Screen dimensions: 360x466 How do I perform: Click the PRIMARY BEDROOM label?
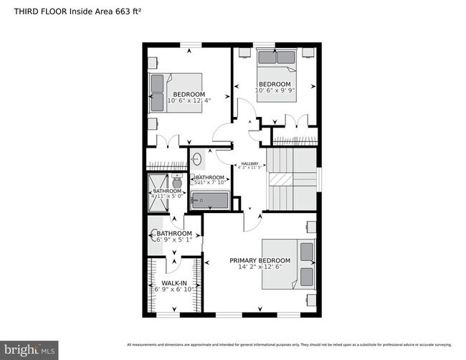click(260, 260)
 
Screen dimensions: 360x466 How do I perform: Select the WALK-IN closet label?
click(174, 284)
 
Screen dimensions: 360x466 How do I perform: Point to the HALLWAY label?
click(249, 163)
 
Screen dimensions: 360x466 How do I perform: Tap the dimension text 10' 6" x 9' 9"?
click(275, 90)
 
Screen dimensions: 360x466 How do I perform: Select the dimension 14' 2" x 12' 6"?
click(260, 267)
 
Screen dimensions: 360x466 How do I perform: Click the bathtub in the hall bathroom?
click(209, 201)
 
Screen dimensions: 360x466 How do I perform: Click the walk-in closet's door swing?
click(174, 266)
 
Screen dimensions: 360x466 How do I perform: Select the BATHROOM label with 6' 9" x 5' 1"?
click(174, 234)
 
